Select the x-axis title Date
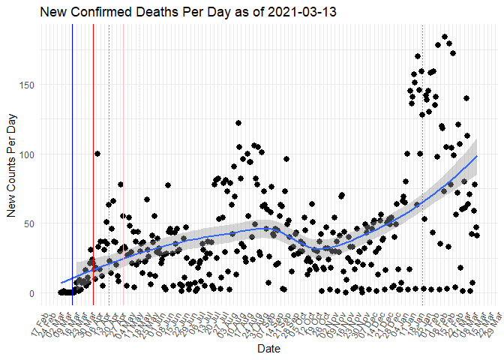coord(269,349)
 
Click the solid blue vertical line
coord(72,150)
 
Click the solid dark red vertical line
coord(93,150)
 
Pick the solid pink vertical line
coord(124,150)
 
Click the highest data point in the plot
coord(445,37)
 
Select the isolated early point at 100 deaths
coord(97,154)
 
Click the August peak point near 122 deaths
coord(238,123)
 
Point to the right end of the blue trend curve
coord(477,156)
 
